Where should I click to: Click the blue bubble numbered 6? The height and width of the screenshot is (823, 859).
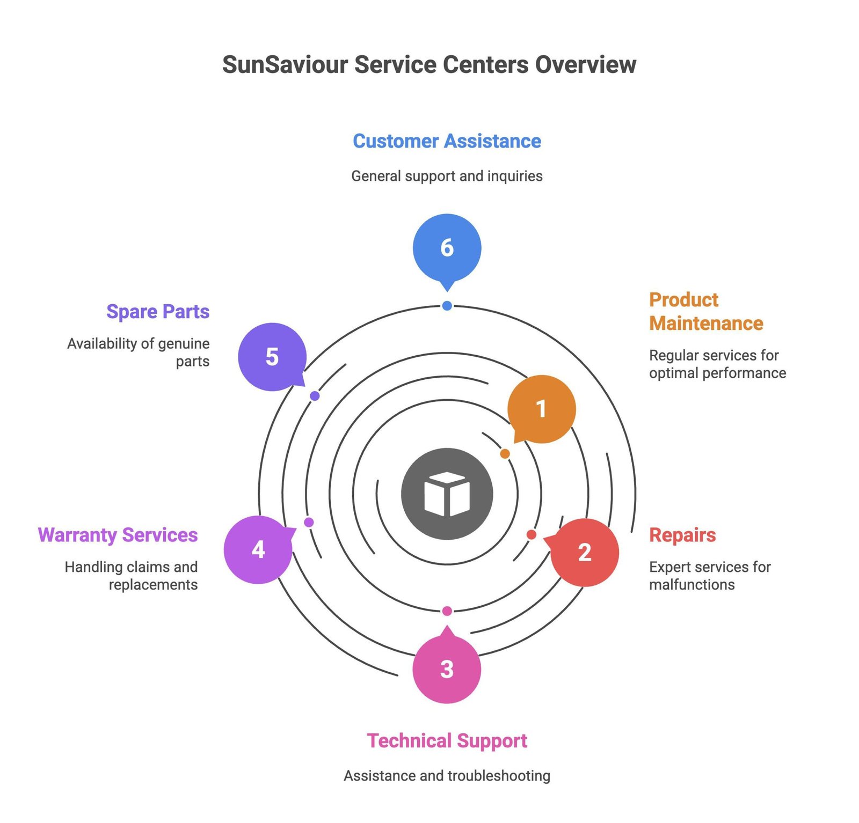(x=447, y=247)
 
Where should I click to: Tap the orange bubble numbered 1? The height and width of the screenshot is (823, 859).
(x=541, y=409)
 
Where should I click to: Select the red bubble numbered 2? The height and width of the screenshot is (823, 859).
(x=585, y=552)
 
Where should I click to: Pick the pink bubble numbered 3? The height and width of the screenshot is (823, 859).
(x=447, y=669)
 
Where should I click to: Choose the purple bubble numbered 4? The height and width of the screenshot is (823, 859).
(x=258, y=549)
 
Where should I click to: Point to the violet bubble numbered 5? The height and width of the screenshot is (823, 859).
(x=272, y=357)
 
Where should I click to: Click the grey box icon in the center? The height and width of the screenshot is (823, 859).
(x=447, y=494)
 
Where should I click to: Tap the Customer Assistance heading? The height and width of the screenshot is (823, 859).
(x=447, y=141)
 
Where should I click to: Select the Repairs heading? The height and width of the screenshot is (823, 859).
(x=682, y=535)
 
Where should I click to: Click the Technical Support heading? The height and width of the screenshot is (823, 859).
(x=447, y=741)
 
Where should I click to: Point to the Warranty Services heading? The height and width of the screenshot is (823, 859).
(x=118, y=535)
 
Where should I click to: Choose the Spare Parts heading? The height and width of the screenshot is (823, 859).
(x=158, y=312)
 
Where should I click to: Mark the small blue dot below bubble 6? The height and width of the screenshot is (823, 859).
(x=447, y=306)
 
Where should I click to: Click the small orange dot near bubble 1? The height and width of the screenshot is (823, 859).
(x=505, y=454)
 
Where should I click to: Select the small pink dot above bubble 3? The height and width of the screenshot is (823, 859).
(x=447, y=611)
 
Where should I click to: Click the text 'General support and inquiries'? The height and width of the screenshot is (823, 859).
(x=447, y=176)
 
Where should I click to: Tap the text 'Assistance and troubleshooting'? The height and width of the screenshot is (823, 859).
(x=447, y=776)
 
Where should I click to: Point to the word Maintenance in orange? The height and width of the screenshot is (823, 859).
(x=706, y=324)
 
